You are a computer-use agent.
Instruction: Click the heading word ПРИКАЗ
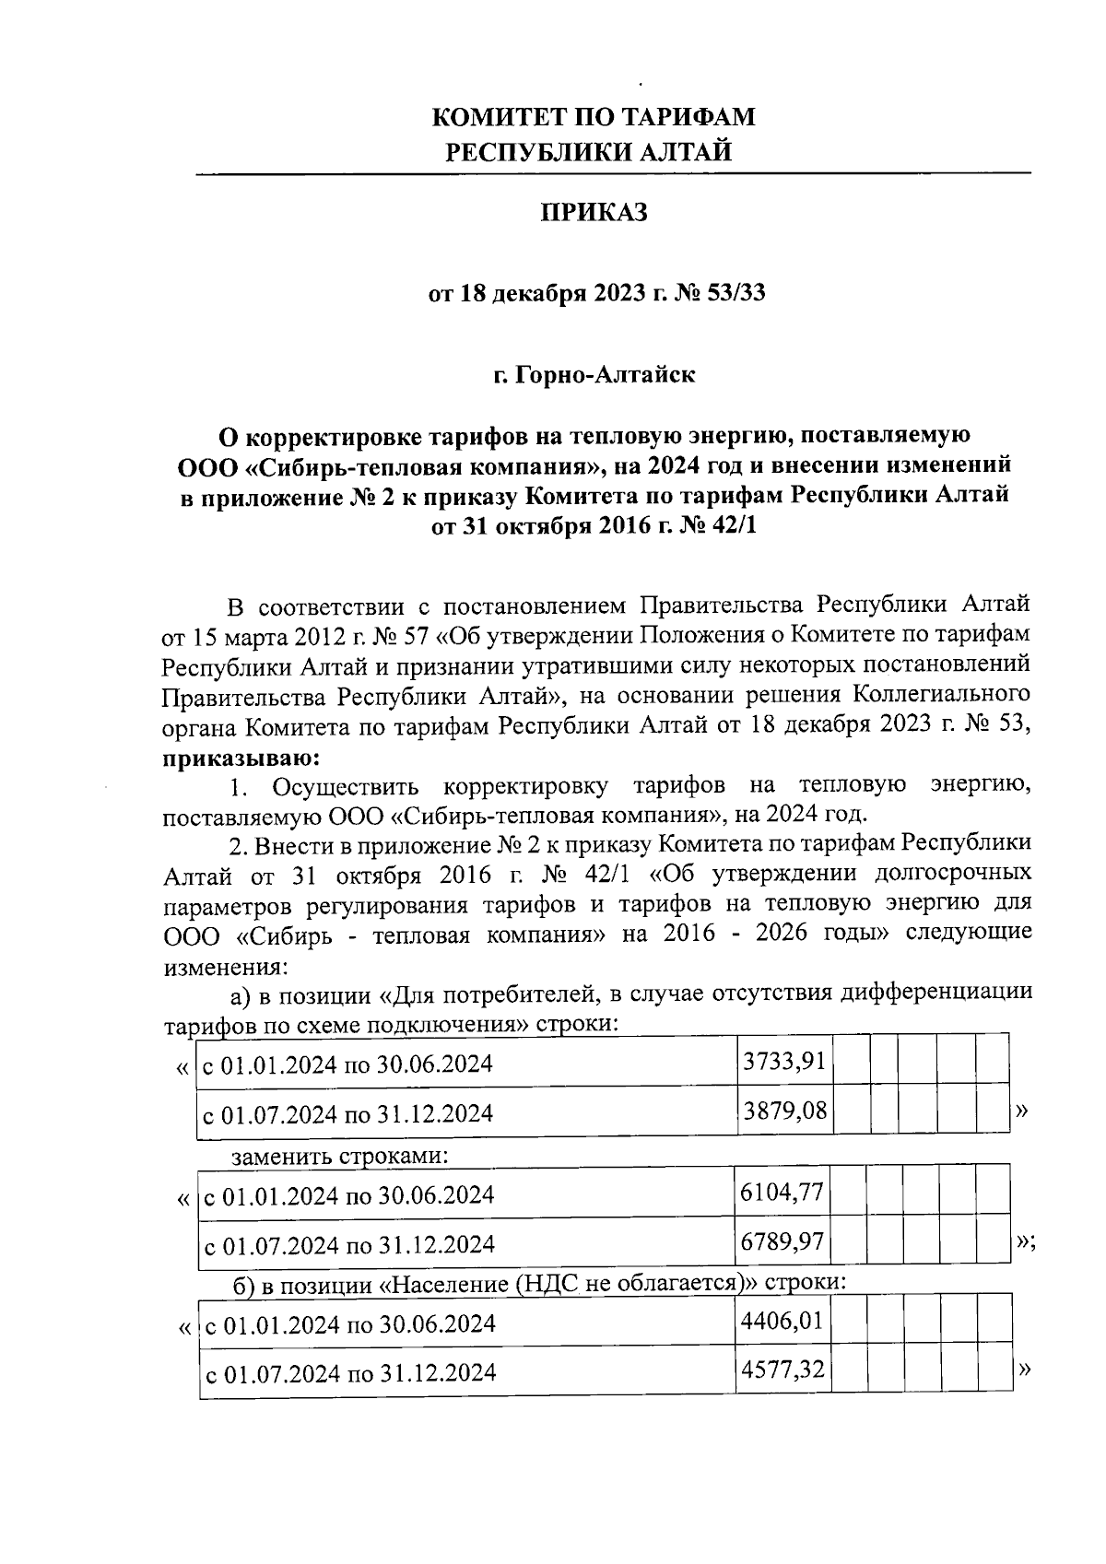594,214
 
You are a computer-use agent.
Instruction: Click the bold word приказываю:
241,758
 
